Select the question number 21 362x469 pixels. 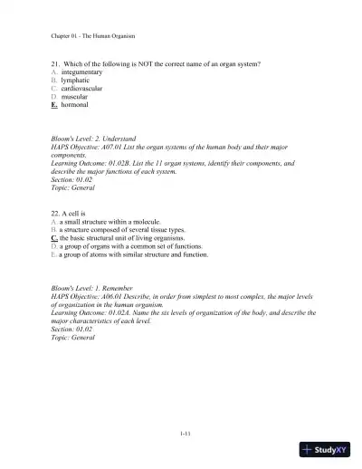(x=55, y=64)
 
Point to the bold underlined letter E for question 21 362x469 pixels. (x=54, y=104)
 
